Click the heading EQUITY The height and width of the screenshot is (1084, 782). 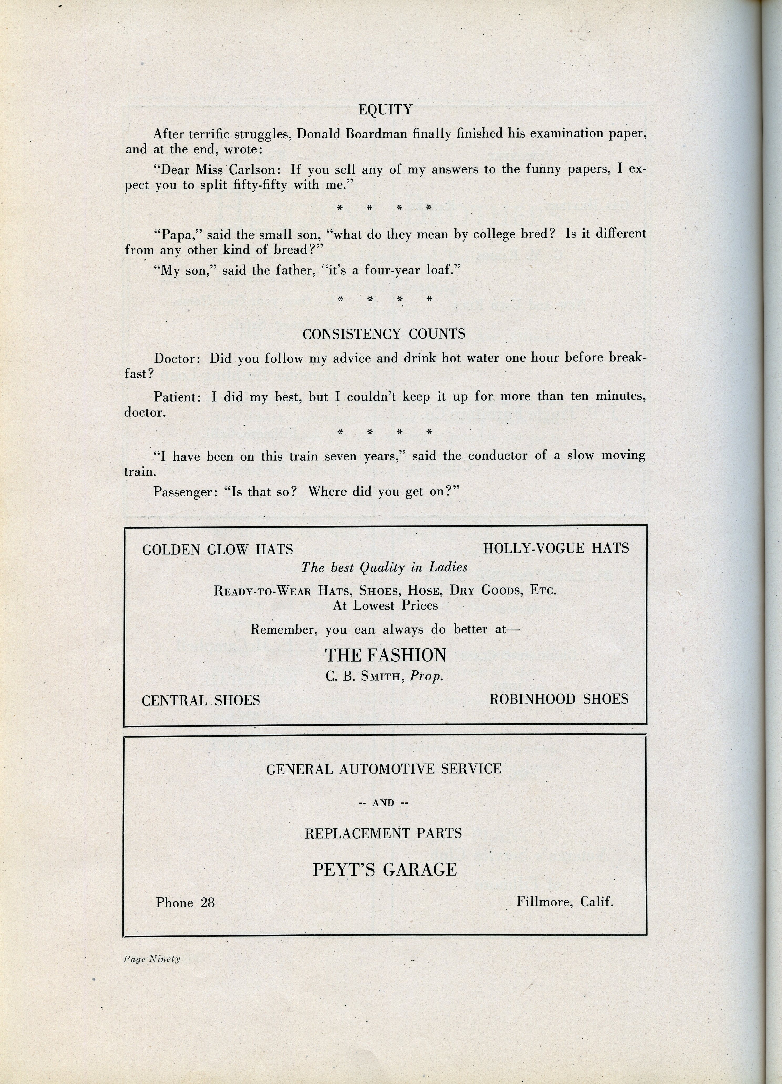pos(385,110)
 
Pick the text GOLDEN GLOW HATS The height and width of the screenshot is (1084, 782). pos(217,550)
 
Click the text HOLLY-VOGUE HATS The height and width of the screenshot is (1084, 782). pos(556,548)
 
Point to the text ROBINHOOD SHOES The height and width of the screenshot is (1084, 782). pos(559,699)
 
